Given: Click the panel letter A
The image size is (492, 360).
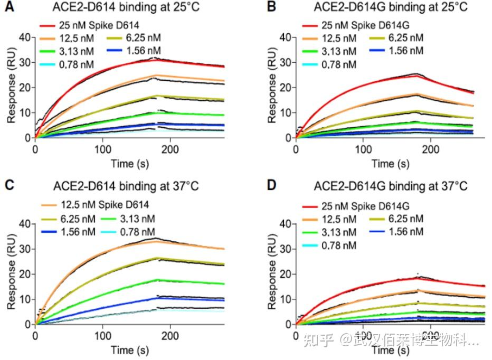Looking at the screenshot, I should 10,7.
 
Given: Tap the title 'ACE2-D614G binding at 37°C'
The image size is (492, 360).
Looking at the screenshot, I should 391,187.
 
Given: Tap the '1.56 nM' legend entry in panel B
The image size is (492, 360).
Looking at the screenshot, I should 404,51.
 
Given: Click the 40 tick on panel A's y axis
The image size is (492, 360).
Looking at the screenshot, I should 24,37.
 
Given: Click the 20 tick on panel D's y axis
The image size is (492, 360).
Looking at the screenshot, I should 284,273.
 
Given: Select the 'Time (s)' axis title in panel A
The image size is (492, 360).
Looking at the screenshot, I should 129,163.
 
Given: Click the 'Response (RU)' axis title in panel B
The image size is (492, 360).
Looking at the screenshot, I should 272,87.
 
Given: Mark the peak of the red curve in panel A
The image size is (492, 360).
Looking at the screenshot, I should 154,60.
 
